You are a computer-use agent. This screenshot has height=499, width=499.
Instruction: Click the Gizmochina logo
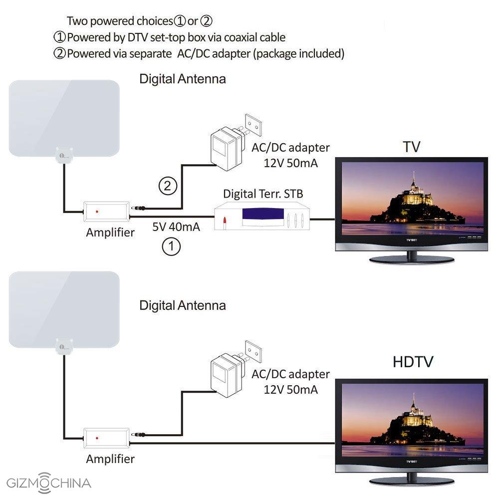point(48,483)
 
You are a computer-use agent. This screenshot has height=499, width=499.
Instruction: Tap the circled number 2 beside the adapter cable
point(168,186)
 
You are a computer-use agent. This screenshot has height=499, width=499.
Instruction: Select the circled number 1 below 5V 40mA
point(171,247)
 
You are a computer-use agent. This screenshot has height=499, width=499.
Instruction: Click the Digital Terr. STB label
point(262,194)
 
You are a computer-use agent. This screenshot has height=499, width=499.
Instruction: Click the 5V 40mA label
point(176,228)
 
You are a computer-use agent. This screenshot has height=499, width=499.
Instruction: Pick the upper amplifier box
point(106,212)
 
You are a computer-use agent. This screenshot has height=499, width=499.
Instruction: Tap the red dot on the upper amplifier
point(96,212)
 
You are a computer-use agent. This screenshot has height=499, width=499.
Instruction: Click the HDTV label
point(413,362)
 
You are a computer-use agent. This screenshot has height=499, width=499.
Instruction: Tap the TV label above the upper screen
point(412,147)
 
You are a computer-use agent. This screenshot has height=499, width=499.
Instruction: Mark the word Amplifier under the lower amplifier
point(110,459)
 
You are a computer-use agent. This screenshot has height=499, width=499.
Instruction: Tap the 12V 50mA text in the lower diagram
point(290,389)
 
